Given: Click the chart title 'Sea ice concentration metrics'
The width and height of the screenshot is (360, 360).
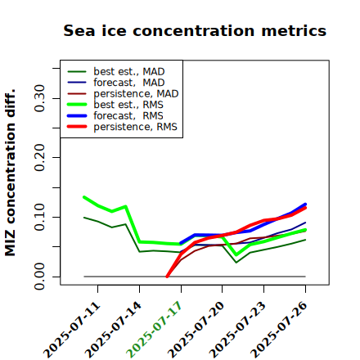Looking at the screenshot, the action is coord(195,30).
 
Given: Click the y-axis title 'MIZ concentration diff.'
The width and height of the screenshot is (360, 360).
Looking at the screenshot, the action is coord(10,173).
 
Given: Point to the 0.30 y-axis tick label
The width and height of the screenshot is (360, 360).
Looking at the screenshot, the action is coord(39,98).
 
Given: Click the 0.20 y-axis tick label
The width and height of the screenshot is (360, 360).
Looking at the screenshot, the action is coord(39,158).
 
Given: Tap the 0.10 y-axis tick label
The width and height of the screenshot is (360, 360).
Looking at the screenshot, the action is coord(39,217).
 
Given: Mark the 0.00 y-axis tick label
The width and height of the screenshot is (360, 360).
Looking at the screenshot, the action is coord(39,277).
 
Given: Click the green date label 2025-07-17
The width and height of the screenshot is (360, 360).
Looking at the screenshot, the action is coord(155,330).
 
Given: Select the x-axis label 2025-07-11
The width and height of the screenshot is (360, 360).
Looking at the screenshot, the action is coord(71,330).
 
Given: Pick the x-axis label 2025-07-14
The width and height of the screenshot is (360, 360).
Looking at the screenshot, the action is coord(113,330).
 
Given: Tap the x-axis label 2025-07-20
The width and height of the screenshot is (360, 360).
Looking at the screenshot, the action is coord(196,330).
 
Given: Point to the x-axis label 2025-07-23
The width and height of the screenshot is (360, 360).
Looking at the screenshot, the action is coord(237,330).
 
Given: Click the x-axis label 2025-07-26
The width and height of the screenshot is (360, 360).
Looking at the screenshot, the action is coord(279,330).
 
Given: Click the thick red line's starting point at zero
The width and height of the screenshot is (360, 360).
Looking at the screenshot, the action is coord(167,277).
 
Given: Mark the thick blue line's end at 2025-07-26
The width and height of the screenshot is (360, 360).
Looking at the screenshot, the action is coord(305,204).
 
